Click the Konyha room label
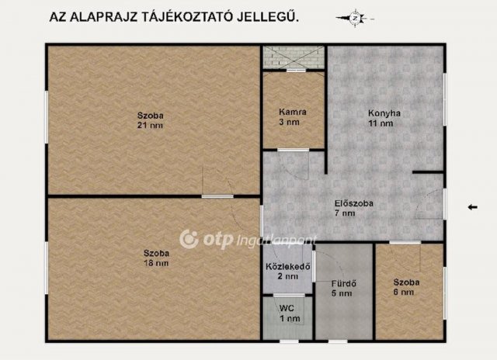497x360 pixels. [384, 113]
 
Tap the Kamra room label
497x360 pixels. [293, 112]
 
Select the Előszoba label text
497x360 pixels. [354, 203]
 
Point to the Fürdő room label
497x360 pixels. [343, 283]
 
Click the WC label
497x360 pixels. [287, 308]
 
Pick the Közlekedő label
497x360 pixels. [288, 266]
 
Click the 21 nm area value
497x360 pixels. [150, 126]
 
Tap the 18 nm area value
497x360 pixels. [156, 263]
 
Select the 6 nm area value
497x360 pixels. [404, 292]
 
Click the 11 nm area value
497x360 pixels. [381, 123]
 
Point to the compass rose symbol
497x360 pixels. [355, 19]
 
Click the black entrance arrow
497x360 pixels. [473, 207]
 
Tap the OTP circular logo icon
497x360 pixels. [189, 239]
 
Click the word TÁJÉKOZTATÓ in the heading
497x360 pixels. [186, 17]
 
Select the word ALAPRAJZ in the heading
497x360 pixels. [103, 18]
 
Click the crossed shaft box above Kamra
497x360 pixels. [294, 57]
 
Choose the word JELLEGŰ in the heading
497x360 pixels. [268, 17]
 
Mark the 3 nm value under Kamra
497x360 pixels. [289, 122]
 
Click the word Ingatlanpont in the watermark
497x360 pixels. [276, 241]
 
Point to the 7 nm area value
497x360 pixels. [345, 213]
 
